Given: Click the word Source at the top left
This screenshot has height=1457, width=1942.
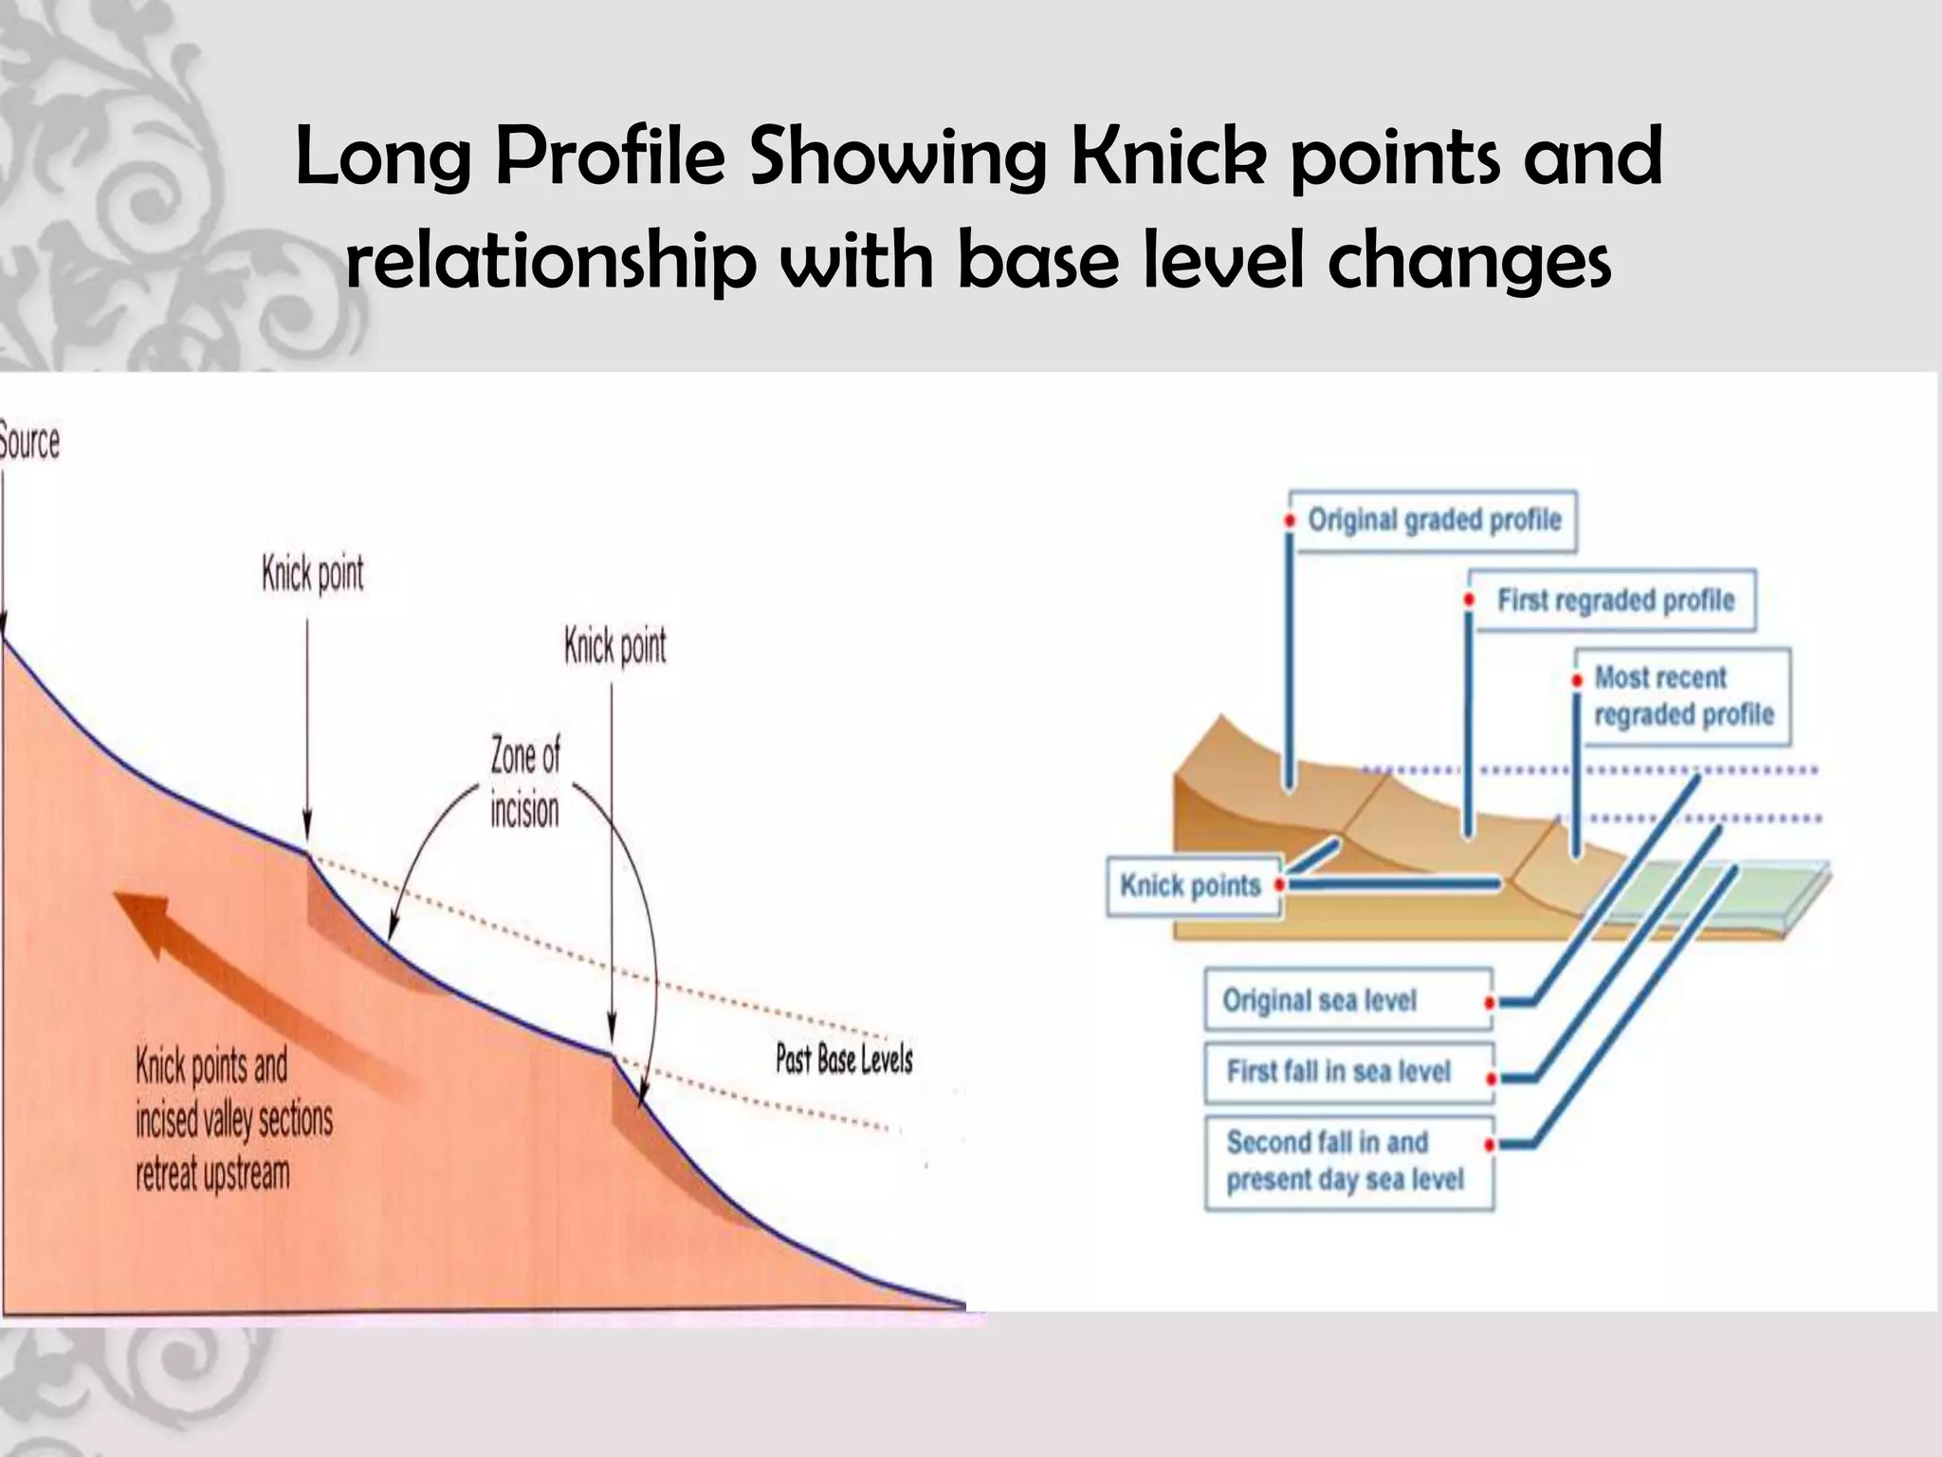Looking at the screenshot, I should click(28, 442).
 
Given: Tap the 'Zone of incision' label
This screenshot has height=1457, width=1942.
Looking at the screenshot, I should click(524, 784).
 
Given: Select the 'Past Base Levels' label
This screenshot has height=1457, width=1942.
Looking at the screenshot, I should click(844, 1060).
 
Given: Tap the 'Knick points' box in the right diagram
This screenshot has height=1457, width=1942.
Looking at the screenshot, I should click(1191, 886).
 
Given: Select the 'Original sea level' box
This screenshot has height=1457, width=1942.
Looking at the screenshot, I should click(1347, 1000).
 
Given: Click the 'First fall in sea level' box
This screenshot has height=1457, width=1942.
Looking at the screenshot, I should click(1347, 1072).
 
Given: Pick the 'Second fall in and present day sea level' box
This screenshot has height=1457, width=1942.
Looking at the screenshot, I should click(1347, 1161).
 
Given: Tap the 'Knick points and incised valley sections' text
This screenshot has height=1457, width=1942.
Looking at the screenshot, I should click(233, 1120).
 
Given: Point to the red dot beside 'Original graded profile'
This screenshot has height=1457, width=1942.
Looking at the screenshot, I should click(1290, 521).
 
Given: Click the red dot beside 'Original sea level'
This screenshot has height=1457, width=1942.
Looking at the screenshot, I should click(1490, 1003).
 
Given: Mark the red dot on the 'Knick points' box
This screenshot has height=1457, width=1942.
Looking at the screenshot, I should click(1279, 885).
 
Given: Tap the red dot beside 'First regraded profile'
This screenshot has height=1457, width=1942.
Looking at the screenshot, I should click(1469, 600).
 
